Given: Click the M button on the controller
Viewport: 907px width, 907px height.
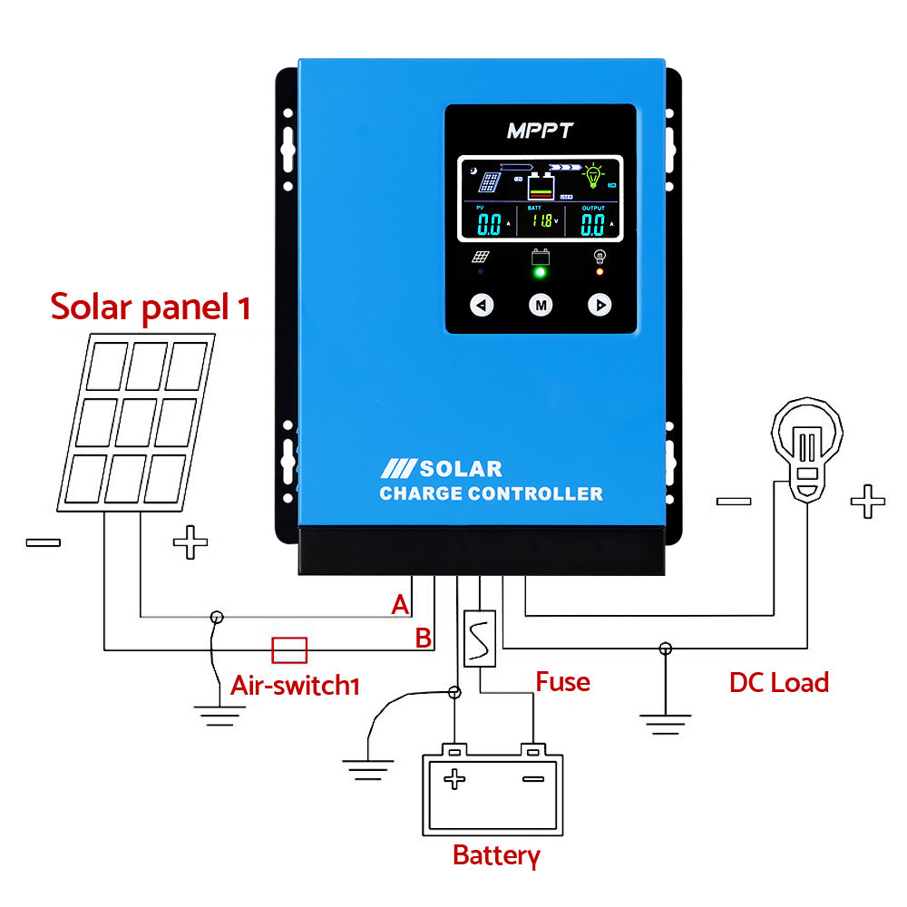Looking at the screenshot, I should click(x=541, y=306).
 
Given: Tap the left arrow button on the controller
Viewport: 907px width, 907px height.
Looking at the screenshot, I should click(x=483, y=306).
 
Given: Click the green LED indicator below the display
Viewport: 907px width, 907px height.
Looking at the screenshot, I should click(x=541, y=271).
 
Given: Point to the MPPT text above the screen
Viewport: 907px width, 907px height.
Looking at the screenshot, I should click(x=540, y=131).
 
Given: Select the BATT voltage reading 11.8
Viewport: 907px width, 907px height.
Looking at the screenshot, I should click(x=541, y=220).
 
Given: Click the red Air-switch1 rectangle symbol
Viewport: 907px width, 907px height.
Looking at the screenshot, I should click(x=290, y=649).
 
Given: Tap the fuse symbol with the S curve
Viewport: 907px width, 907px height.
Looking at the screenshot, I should click(x=479, y=639).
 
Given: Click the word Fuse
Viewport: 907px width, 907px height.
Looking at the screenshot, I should click(x=562, y=681).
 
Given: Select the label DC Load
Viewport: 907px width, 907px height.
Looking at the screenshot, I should click(x=778, y=682).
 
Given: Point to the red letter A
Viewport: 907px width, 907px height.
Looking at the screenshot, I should click(x=400, y=605).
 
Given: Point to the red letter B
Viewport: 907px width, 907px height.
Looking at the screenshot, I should click(x=423, y=638).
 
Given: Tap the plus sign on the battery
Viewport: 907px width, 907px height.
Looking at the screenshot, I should click(x=454, y=778).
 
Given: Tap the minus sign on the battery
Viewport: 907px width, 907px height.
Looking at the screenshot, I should click(x=533, y=778).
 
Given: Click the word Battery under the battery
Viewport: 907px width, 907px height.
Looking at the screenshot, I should click(x=496, y=854).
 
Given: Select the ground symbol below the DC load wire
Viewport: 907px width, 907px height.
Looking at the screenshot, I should click(x=665, y=722).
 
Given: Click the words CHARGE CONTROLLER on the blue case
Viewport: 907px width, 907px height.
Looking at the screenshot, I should click(x=491, y=494).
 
